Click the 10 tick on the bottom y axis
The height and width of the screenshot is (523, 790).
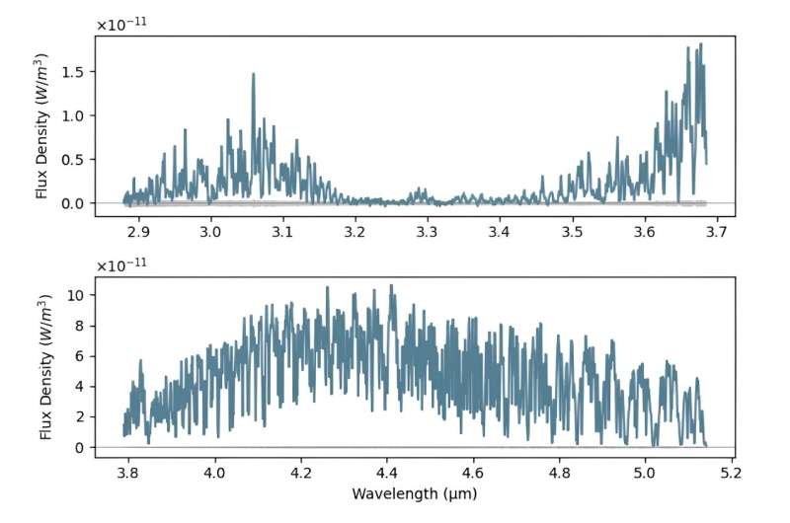pyautogui.click(x=82, y=295)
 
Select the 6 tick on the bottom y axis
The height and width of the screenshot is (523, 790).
pyautogui.click(x=86, y=356)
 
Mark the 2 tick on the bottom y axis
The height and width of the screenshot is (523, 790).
pyautogui.click(x=86, y=416)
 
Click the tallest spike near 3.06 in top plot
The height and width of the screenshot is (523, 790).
pyautogui.click(x=253, y=74)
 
